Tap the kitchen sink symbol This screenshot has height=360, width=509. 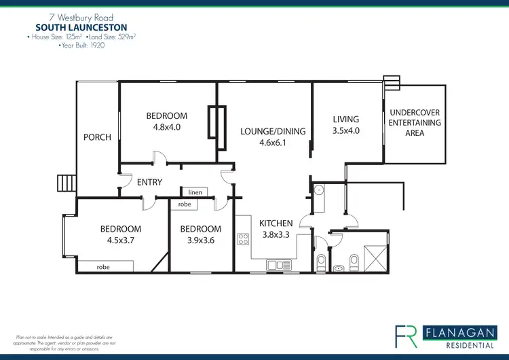coord(278,264)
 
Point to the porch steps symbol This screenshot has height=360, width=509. coord(66,183)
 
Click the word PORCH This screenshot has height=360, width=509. coord(97,137)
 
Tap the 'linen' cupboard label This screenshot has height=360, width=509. coord(195,193)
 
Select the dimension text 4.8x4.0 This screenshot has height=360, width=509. coord(167,126)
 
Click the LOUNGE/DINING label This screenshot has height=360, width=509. coord(273,132)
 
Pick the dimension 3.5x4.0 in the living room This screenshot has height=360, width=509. coord(345,130)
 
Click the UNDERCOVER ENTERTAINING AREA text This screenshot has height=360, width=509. coord(414,123)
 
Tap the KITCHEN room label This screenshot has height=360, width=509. coord(276,223)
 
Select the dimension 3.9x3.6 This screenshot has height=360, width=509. coord(201,240)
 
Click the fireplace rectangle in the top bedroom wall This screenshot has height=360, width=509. coord(218,123)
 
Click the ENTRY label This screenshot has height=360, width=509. coord(149,182)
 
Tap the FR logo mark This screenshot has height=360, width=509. coord(407,336)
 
